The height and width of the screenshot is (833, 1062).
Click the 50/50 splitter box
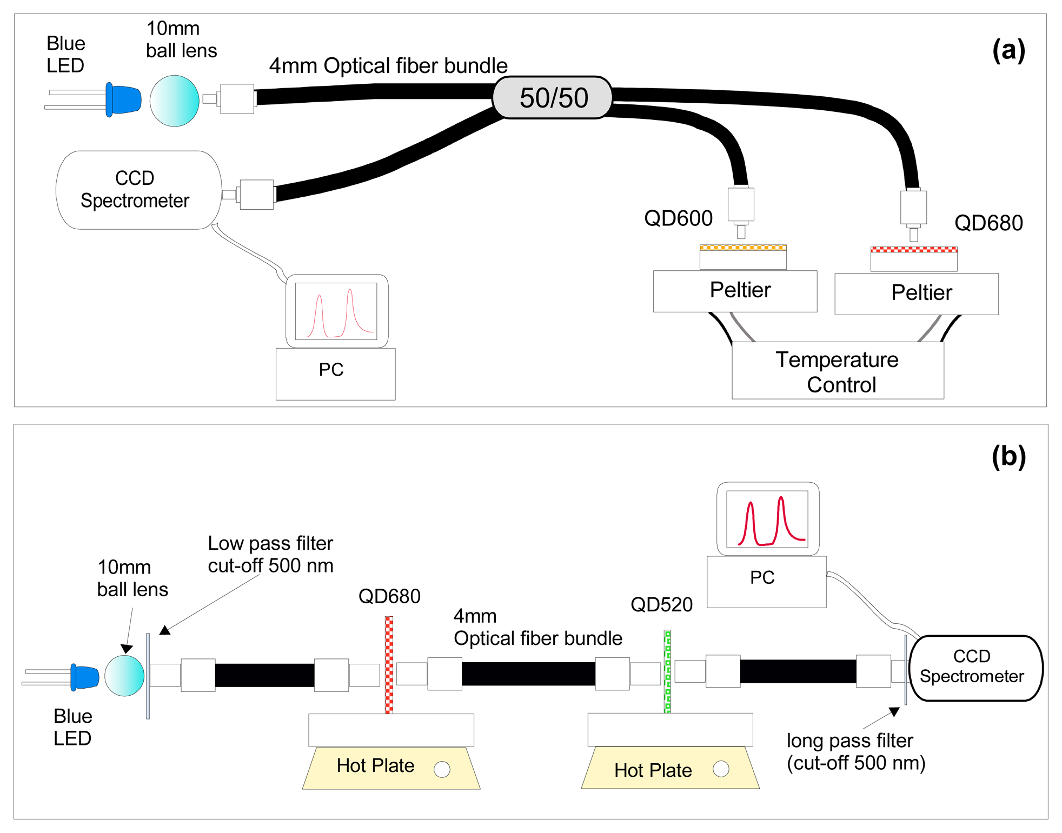(x=552, y=98)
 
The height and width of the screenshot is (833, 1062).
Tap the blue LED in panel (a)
(x=123, y=99)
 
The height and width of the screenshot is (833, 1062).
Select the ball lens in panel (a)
(x=174, y=101)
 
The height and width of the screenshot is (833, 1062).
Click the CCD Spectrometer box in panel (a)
(x=138, y=190)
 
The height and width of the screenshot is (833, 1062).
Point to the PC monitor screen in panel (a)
(x=336, y=311)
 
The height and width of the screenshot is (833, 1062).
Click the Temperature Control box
(x=838, y=370)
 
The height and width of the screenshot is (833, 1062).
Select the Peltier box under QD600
(x=735, y=291)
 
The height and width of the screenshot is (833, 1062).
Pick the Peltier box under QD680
(x=917, y=294)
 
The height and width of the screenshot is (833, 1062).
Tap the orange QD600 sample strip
(x=743, y=248)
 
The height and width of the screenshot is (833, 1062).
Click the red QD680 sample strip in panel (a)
(x=914, y=250)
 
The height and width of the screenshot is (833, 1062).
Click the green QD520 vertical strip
(x=667, y=671)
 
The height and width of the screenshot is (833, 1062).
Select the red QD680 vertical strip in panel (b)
(x=389, y=665)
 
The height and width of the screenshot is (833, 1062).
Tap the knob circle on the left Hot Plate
(x=442, y=769)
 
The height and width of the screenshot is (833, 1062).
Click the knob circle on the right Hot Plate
(x=721, y=769)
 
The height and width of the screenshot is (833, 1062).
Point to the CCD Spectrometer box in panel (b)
(x=976, y=668)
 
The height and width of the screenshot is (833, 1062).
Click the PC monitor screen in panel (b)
(x=767, y=519)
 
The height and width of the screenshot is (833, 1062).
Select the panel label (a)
(x=1008, y=50)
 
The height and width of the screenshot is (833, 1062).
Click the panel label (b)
(x=1008, y=457)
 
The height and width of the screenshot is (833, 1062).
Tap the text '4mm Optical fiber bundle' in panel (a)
(x=388, y=66)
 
